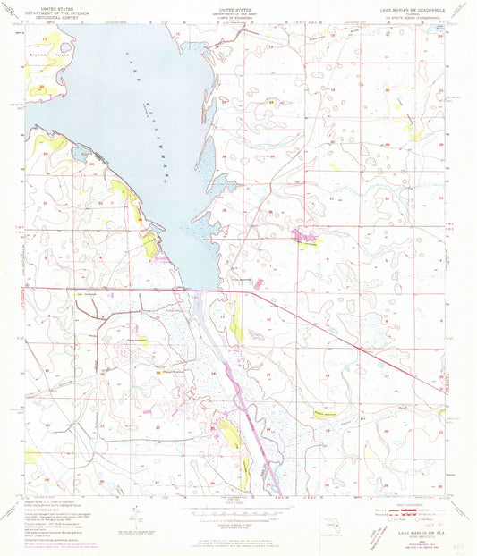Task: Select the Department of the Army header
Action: coord(239,13)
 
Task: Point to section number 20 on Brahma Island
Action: coord(41,87)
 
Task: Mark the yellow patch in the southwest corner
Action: coord(32,457)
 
